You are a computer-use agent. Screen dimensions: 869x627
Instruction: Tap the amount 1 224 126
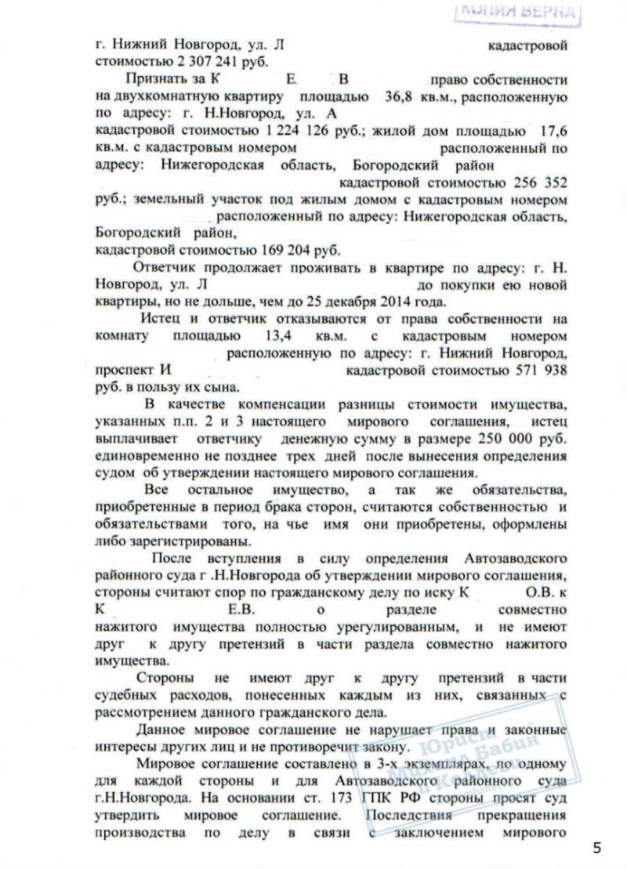point(251,131)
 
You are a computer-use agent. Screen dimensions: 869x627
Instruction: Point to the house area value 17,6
point(550,131)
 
